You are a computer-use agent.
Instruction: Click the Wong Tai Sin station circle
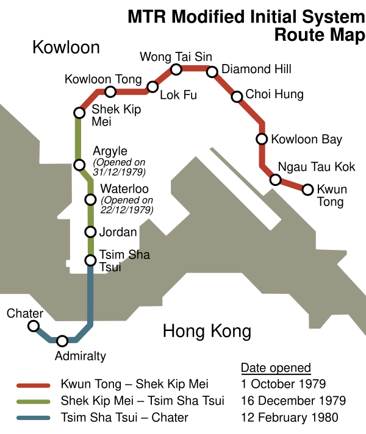tap(176, 69)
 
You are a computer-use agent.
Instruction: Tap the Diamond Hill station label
tap(256, 69)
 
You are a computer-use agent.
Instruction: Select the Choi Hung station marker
tap(237, 96)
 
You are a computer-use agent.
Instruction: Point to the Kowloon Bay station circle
tap(262, 139)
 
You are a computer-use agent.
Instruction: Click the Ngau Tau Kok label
tap(317, 166)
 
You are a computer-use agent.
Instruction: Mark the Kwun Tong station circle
tap(307, 190)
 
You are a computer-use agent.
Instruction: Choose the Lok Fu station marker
tap(152, 87)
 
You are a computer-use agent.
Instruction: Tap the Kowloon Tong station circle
tap(110, 91)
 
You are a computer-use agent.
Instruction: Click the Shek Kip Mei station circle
tap(79, 113)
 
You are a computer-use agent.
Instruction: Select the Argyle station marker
tap(79, 165)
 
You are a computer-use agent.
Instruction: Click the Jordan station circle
tap(90, 232)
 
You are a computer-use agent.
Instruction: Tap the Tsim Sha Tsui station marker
tap(90, 260)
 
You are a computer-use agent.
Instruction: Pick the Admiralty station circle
tap(62, 341)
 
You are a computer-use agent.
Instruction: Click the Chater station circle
tap(34, 326)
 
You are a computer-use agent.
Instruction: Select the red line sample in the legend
tap(34, 385)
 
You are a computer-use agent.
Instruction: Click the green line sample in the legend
tap(34, 401)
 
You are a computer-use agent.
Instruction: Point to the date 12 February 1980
tap(290, 418)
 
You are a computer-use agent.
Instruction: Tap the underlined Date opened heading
tap(276, 368)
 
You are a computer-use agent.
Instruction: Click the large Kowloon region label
tap(66, 47)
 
